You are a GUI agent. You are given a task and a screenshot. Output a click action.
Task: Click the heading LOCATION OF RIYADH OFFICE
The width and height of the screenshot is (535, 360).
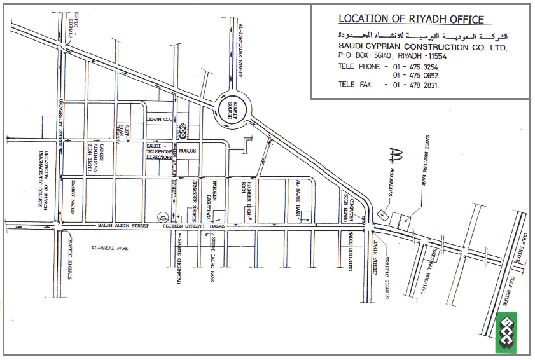[x=411, y=19]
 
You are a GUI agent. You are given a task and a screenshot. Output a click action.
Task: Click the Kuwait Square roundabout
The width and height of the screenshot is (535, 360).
[x=230, y=108]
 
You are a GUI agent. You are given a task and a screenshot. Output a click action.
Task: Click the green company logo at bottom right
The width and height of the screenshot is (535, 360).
[x=508, y=331]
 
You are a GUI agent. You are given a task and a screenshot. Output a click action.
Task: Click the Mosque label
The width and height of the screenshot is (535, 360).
[x=188, y=151]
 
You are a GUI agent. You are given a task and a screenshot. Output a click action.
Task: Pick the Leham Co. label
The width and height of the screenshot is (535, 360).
[x=159, y=119]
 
